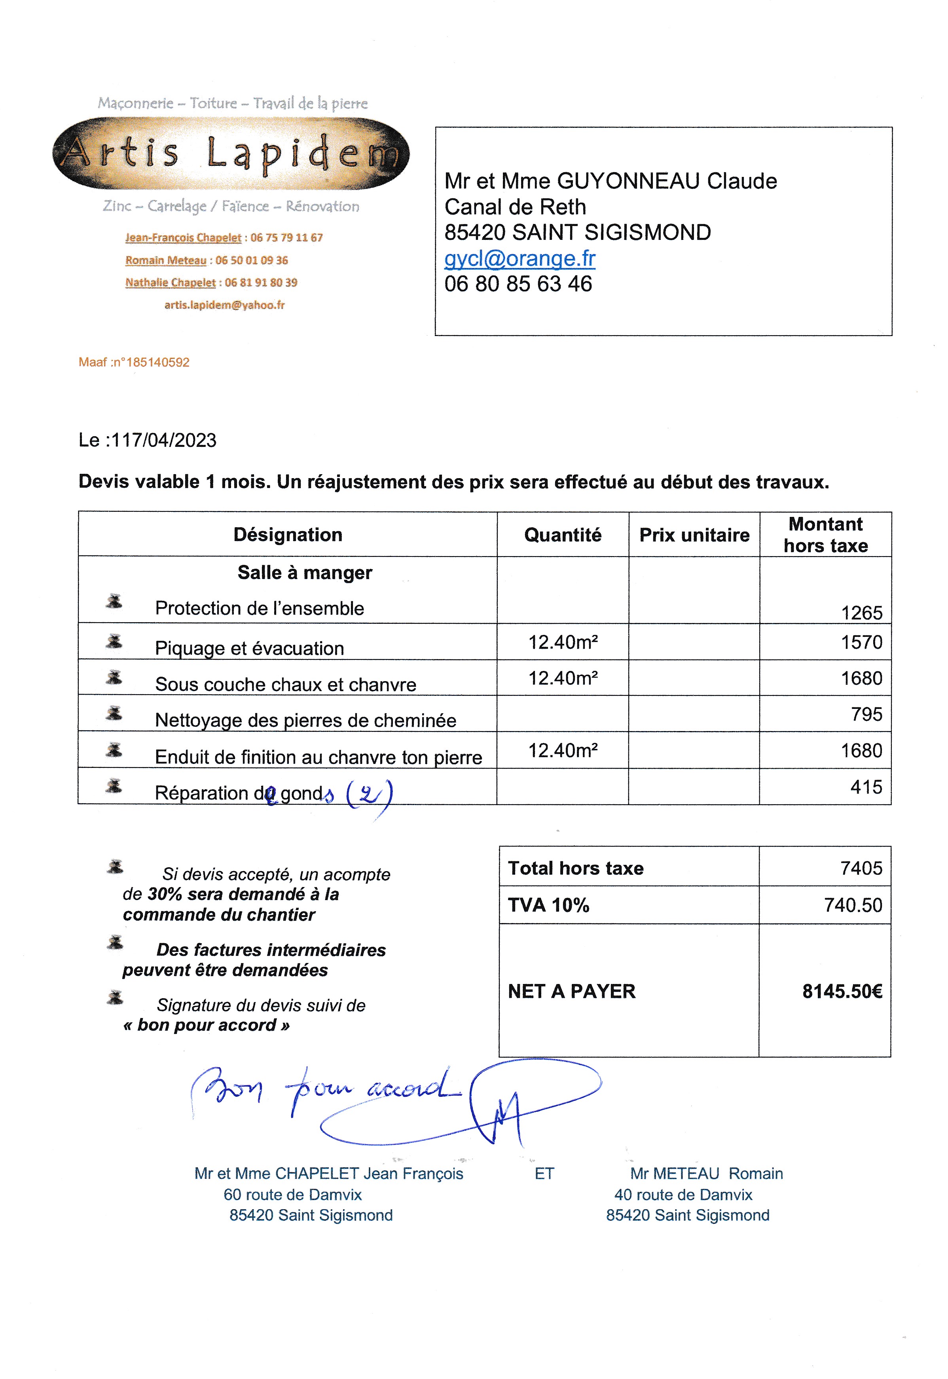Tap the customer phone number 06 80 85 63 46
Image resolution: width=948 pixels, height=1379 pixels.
coord(518,284)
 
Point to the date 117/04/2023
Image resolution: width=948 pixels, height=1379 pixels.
coord(163,440)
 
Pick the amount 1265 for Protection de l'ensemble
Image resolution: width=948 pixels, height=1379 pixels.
coord(861,613)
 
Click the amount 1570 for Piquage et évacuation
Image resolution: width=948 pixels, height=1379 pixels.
coord(861,642)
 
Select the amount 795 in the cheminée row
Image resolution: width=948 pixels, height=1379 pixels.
coord(866,714)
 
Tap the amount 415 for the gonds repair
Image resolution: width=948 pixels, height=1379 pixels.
coord(866,787)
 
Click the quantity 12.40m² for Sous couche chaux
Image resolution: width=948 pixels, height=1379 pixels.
coord(563,678)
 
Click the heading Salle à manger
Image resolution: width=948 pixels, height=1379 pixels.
coord(305,572)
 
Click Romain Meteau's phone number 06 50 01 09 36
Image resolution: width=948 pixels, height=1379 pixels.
coord(252,260)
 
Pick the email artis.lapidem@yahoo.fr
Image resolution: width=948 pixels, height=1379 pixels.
coord(224,305)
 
